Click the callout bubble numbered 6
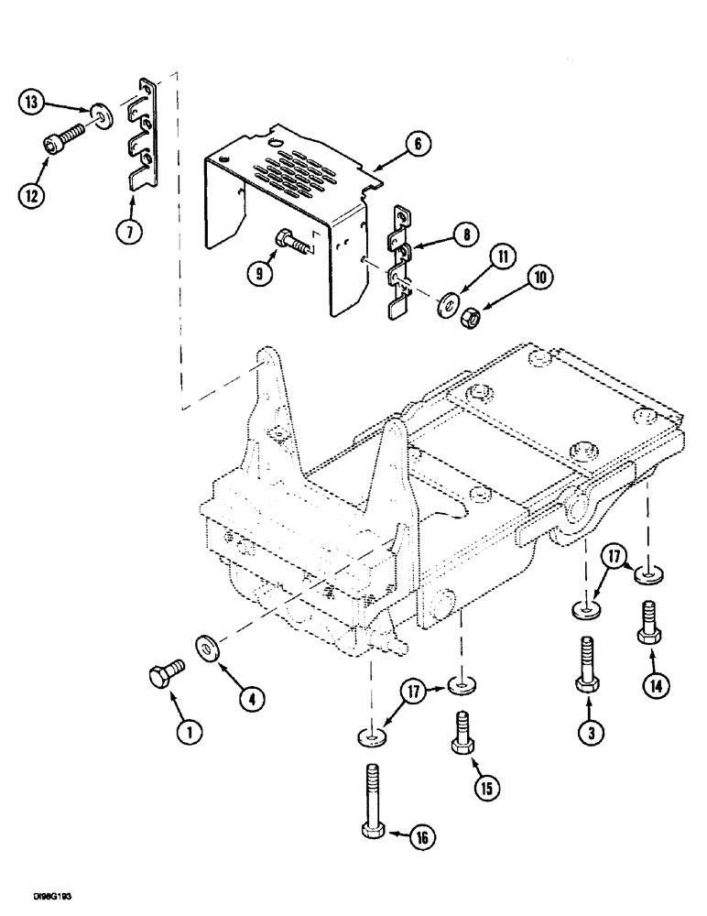pos(417,143)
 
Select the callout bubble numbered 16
pos(420,835)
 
